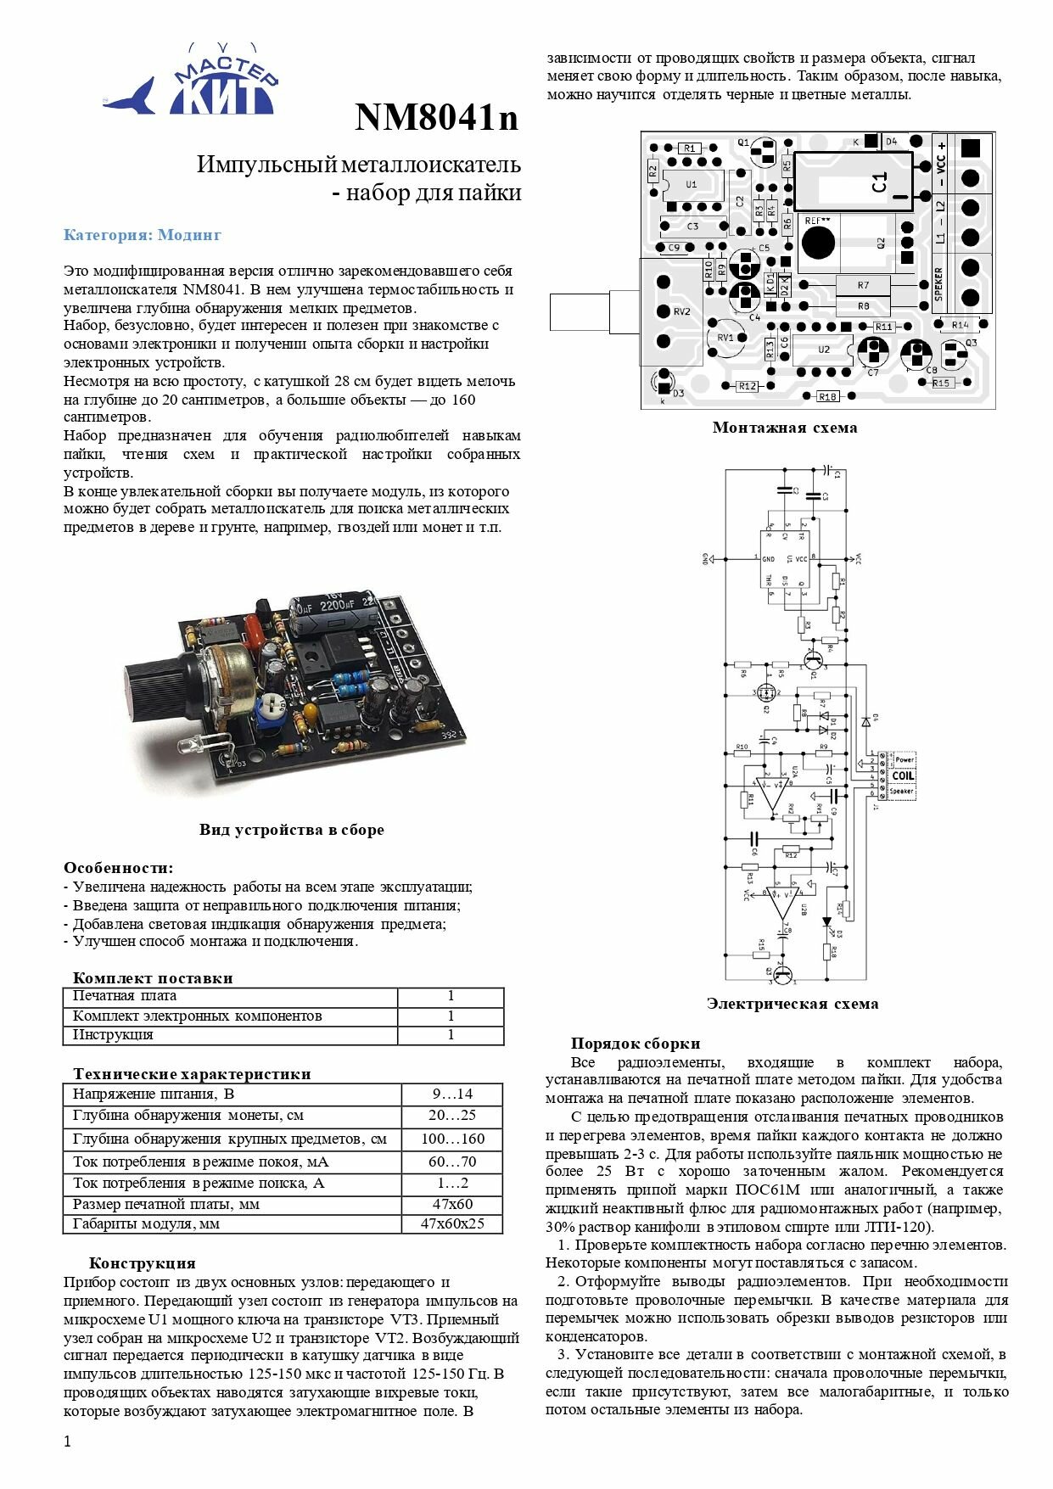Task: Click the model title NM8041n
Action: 436,118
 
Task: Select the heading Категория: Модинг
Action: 142,235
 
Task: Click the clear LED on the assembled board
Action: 195,747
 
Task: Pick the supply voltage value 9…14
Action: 452,1094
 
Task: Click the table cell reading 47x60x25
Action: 452,1224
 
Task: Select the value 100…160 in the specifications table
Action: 452,1139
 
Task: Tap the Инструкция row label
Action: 113,1035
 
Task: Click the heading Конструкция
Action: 142,1263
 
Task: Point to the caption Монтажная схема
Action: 785,428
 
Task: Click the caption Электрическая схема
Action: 793,1004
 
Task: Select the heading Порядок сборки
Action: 636,1044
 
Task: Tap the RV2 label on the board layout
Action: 681,311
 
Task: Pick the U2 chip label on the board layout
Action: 824,350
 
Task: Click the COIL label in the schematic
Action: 903,775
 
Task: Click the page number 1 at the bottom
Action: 68,1441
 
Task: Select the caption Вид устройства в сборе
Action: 292,830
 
